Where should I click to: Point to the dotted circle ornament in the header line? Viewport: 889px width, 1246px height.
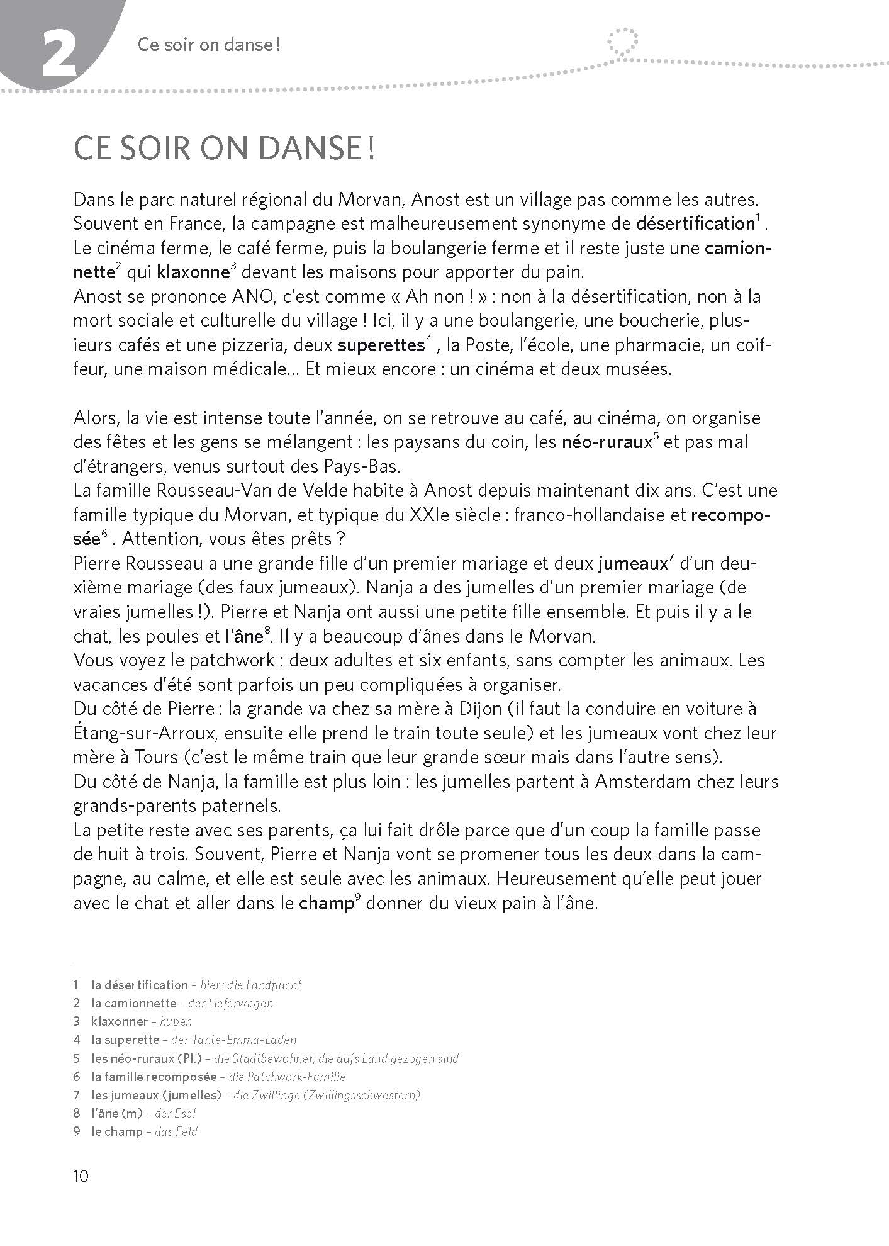(623, 42)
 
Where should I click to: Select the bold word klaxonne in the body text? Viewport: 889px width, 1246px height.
(192, 272)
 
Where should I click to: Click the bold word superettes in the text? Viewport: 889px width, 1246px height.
(379, 345)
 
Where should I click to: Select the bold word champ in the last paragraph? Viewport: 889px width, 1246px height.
(325, 904)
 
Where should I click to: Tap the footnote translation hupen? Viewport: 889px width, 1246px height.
(176, 1021)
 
